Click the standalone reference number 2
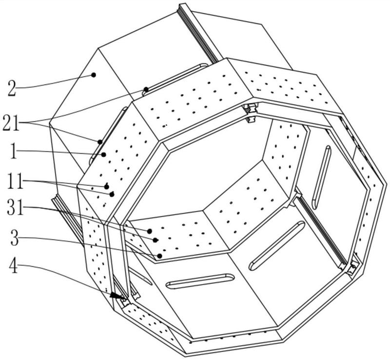coord(11,88)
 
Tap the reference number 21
coord(11,123)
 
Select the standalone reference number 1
coord(14,151)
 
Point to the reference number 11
coord(16,181)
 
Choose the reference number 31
coord(16,208)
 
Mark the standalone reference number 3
coord(15,238)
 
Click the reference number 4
coord(14,266)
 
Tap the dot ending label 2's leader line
coord(94,75)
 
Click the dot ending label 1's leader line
coord(104,155)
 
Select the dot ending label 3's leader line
coord(160,256)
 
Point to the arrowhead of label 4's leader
coord(117,296)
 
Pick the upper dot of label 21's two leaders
coord(146,89)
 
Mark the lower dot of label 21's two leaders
coord(100,142)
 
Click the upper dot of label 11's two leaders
coord(107,186)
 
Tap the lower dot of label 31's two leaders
coord(155,240)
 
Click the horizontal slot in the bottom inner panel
coord(200,281)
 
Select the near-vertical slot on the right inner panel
coord(321,177)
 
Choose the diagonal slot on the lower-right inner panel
coord(277,246)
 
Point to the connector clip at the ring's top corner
coord(251,113)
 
